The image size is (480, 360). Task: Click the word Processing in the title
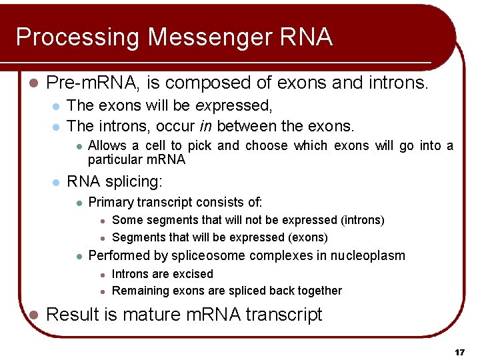pos(77,37)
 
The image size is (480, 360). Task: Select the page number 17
pos(459,351)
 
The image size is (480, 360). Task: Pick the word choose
pos(267,146)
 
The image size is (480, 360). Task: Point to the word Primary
pos(109,202)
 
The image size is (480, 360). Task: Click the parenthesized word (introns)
pos(363,220)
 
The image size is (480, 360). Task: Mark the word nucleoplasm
pos(369,255)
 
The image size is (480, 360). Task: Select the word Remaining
pos(141,291)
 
